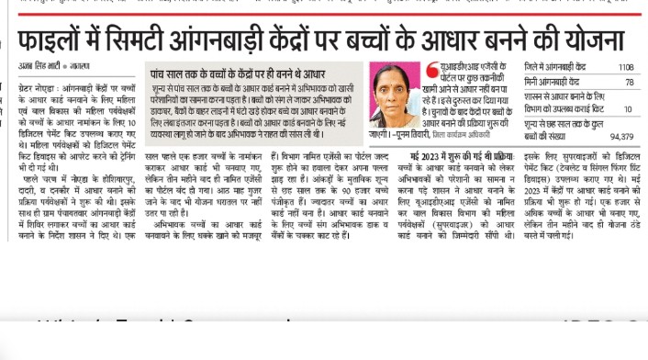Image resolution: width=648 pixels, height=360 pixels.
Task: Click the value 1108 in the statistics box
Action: coord(625,67)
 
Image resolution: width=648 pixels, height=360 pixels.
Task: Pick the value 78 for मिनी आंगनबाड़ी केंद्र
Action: coord(629,82)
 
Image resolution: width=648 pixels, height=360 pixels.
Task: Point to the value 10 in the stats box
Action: coord(628,109)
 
